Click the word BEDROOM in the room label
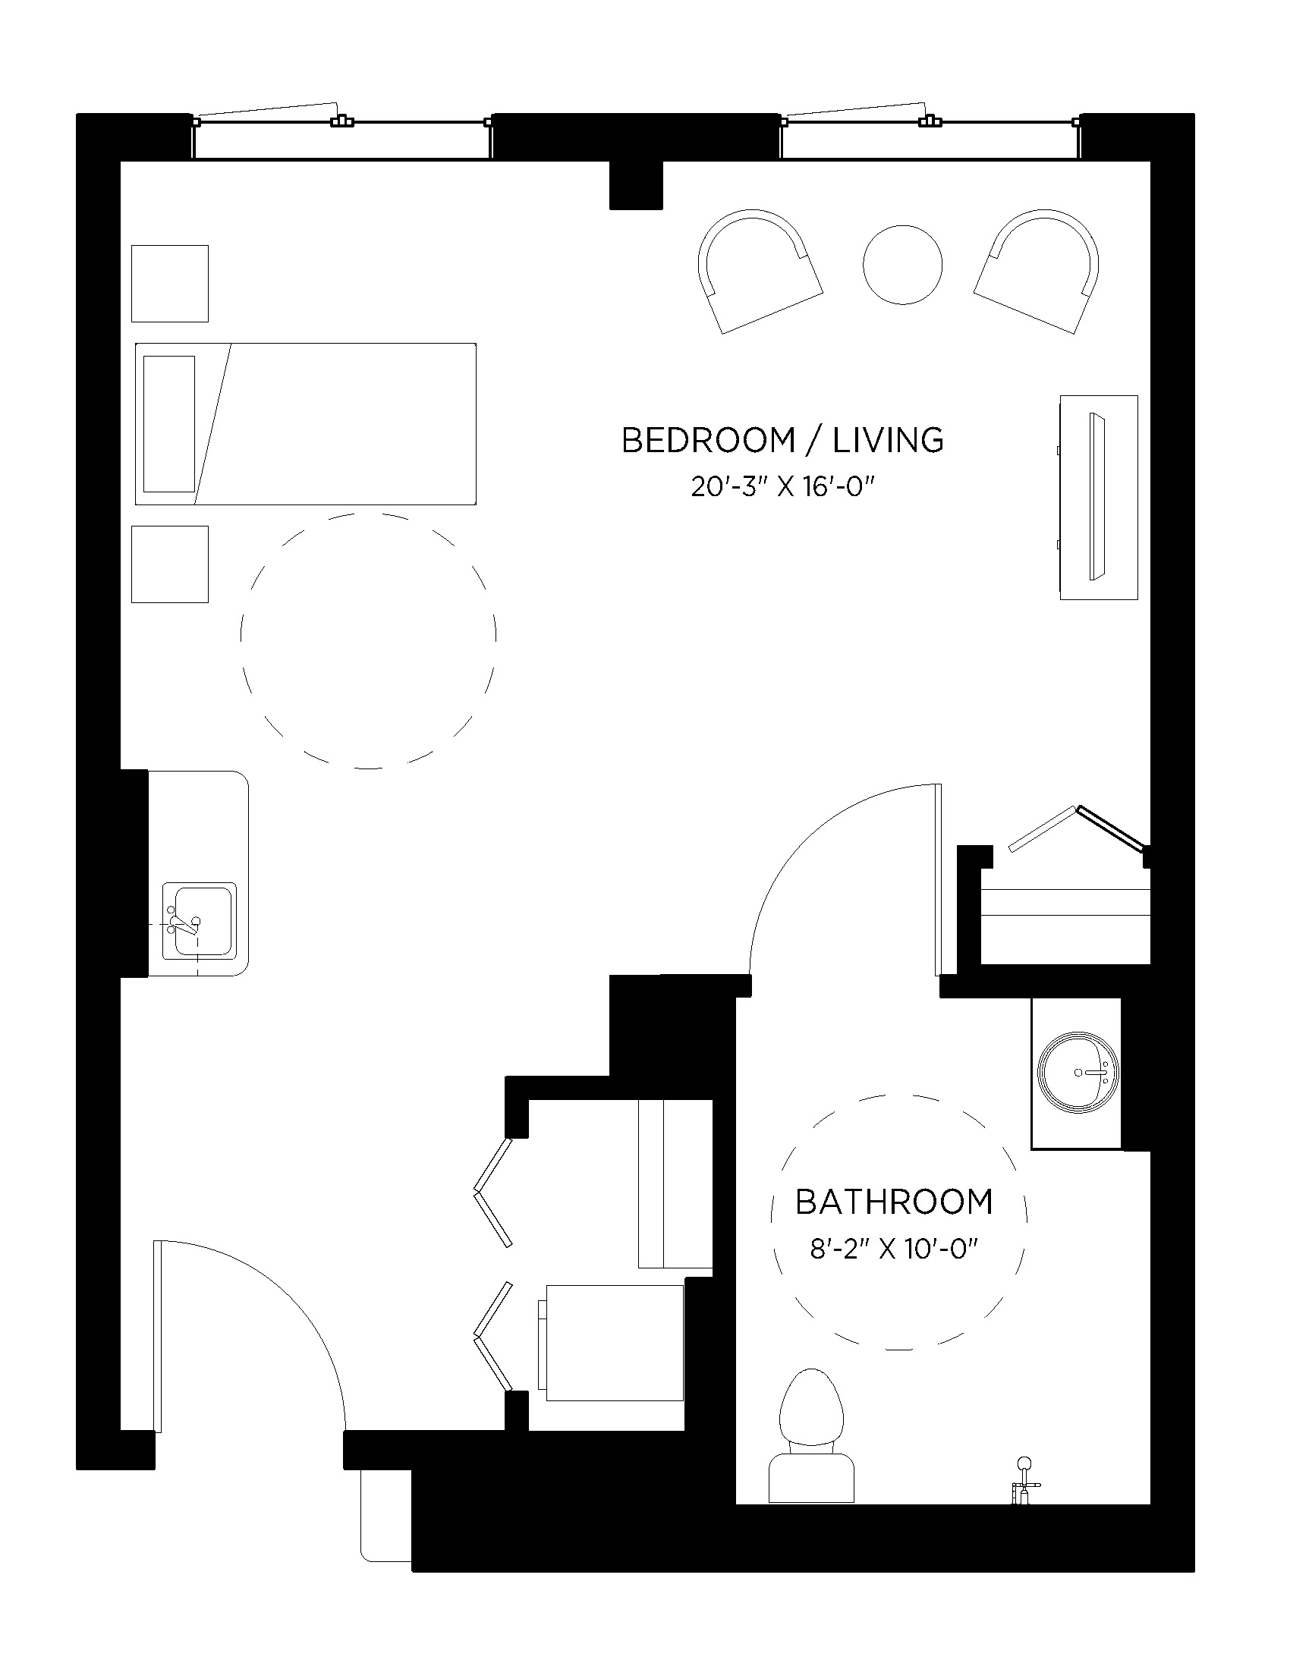[708, 441]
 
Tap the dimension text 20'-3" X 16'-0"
[782, 487]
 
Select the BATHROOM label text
[893, 1202]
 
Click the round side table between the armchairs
[901, 265]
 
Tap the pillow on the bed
[169, 423]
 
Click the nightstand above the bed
[170, 284]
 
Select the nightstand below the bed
[170, 564]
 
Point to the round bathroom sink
[1078, 1072]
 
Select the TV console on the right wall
[1098, 497]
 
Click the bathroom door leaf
[938, 879]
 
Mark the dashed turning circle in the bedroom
[368, 640]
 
